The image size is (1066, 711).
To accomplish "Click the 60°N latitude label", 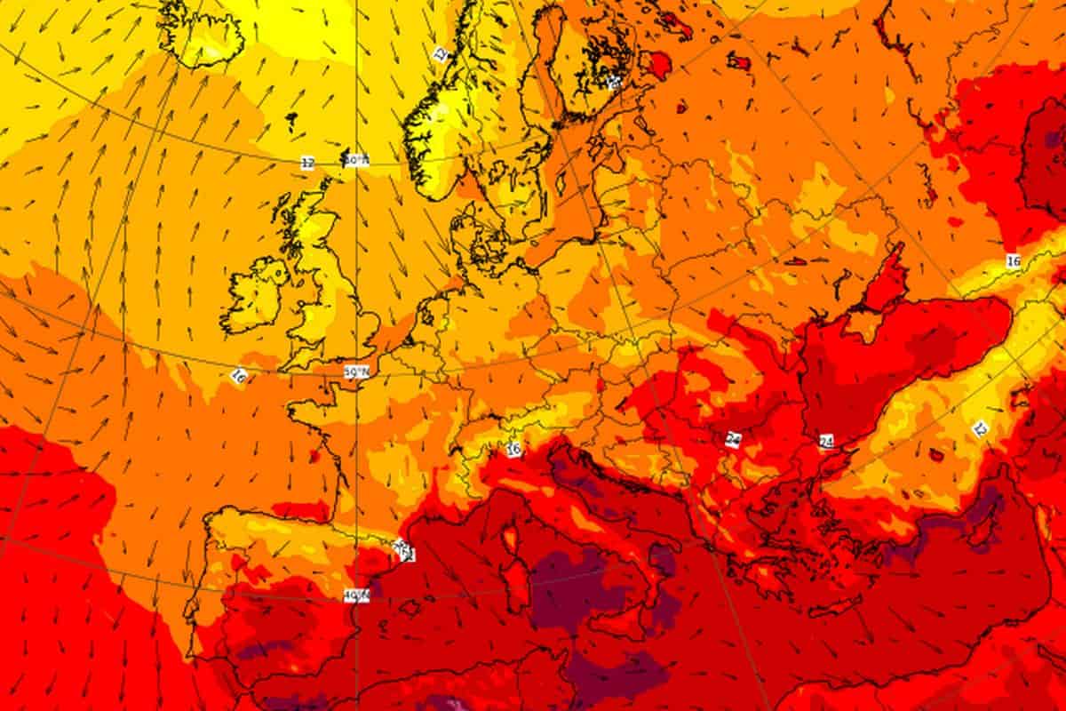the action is pyautogui.click(x=356, y=160).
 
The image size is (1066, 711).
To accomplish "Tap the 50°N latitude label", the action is pyautogui.click(x=356, y=371).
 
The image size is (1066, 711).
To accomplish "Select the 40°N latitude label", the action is pyautogui.click(x=356, y=595).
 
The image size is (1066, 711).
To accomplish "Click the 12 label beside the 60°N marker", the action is pyautogui.click(x=307, y=163).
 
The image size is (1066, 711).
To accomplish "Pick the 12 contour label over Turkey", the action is pyautogui.click(x=980, y=429).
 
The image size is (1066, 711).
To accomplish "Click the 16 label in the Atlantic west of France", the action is pyautogui.click(x=236, y=377).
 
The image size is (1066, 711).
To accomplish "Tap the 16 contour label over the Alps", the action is pyautogui.click(x=513, y=450).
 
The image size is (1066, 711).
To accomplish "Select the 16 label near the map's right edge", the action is pyautogui.click(x=1014, y=261).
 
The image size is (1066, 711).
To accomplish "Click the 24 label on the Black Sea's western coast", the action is pyautogui.click(x=827, y=441).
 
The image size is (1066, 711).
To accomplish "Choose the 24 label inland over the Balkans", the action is pyautogui.click(x=733, y=438).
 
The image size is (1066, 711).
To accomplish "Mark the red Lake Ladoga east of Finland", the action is pyautogui.click(x=658, y=62).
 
